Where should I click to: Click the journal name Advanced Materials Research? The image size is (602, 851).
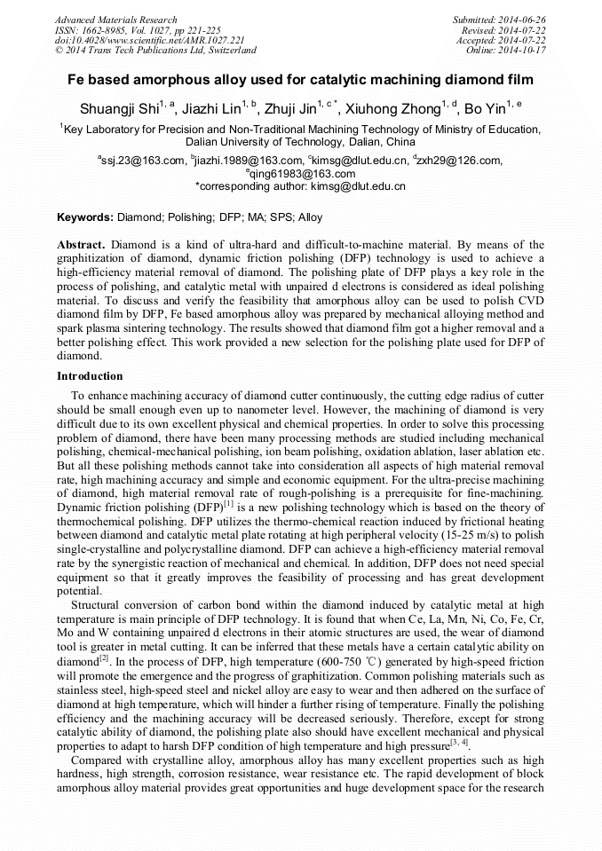tap(115, 20)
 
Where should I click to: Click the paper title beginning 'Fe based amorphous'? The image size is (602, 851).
tap(301, 79)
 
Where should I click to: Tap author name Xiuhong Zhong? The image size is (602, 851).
tap(396, 109)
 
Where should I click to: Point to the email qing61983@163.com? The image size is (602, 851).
tap(304, 174)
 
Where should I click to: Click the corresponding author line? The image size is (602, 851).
tap(300, 186)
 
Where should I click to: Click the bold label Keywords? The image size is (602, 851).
tap(85, 217)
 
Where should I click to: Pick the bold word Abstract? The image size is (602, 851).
tap(81, 244)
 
